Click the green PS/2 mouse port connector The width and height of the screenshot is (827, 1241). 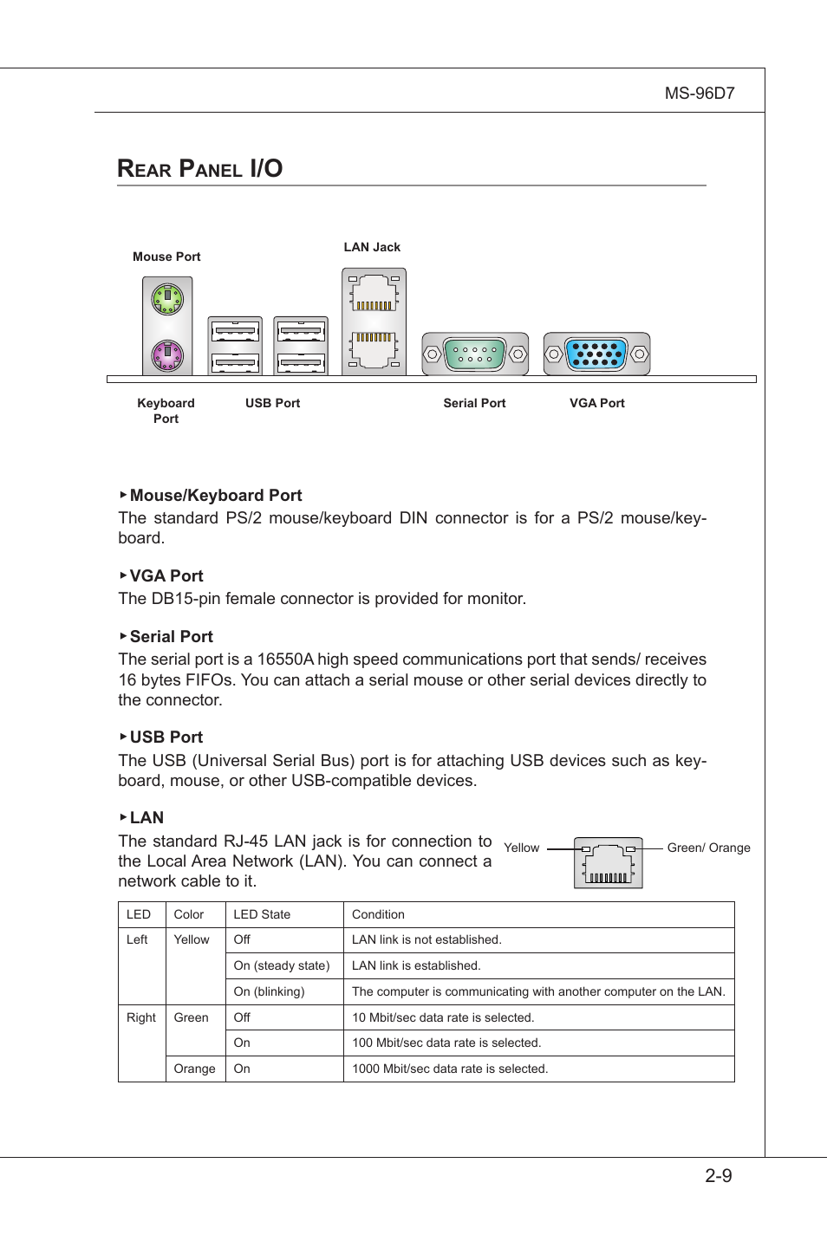point(167,300)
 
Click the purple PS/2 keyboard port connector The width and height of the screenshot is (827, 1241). point(167,354)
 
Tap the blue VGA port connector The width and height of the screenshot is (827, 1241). point(596,354)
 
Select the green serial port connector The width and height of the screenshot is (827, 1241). point(475,354)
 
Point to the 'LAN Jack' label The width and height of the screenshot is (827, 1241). point(372,247)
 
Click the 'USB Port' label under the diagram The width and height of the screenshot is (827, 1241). point(272,403)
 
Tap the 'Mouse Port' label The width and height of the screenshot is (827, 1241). point(166,257)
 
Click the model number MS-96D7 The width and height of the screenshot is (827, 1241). point(699,94)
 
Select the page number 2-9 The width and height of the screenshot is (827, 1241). point(718,1176)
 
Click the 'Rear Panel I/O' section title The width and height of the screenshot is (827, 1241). point(200,168)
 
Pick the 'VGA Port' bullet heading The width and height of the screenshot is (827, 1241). point(166,576)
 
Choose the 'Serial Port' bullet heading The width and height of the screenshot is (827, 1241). point(171,637)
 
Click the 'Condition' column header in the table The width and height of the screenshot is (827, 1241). point(378,914)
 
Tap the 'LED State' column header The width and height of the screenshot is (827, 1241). point(262,914)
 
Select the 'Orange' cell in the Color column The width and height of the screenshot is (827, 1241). point(194,1069)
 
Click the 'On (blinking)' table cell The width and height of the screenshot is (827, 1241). point(269,991)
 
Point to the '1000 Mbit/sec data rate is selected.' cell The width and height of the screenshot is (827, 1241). point(450,1069)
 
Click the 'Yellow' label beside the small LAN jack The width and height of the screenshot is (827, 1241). point(521,848)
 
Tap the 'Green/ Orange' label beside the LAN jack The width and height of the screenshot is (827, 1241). point(708,848)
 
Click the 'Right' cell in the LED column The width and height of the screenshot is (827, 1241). point(141,1017)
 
